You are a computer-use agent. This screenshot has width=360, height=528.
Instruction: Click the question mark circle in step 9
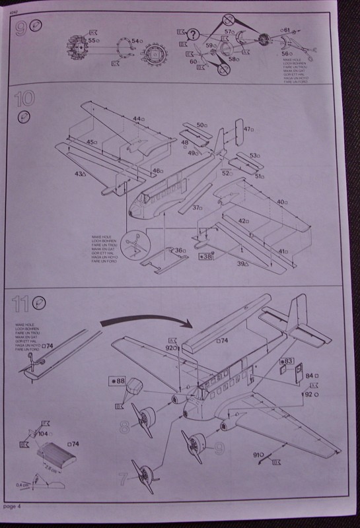pos(193,34)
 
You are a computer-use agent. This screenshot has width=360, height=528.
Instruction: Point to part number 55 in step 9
pos(92,41)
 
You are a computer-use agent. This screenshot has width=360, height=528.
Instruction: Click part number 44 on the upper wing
pos(137,119)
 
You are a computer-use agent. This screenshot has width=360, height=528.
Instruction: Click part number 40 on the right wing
pos(282,201)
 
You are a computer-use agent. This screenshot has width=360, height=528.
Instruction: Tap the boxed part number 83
pos(287,360)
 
